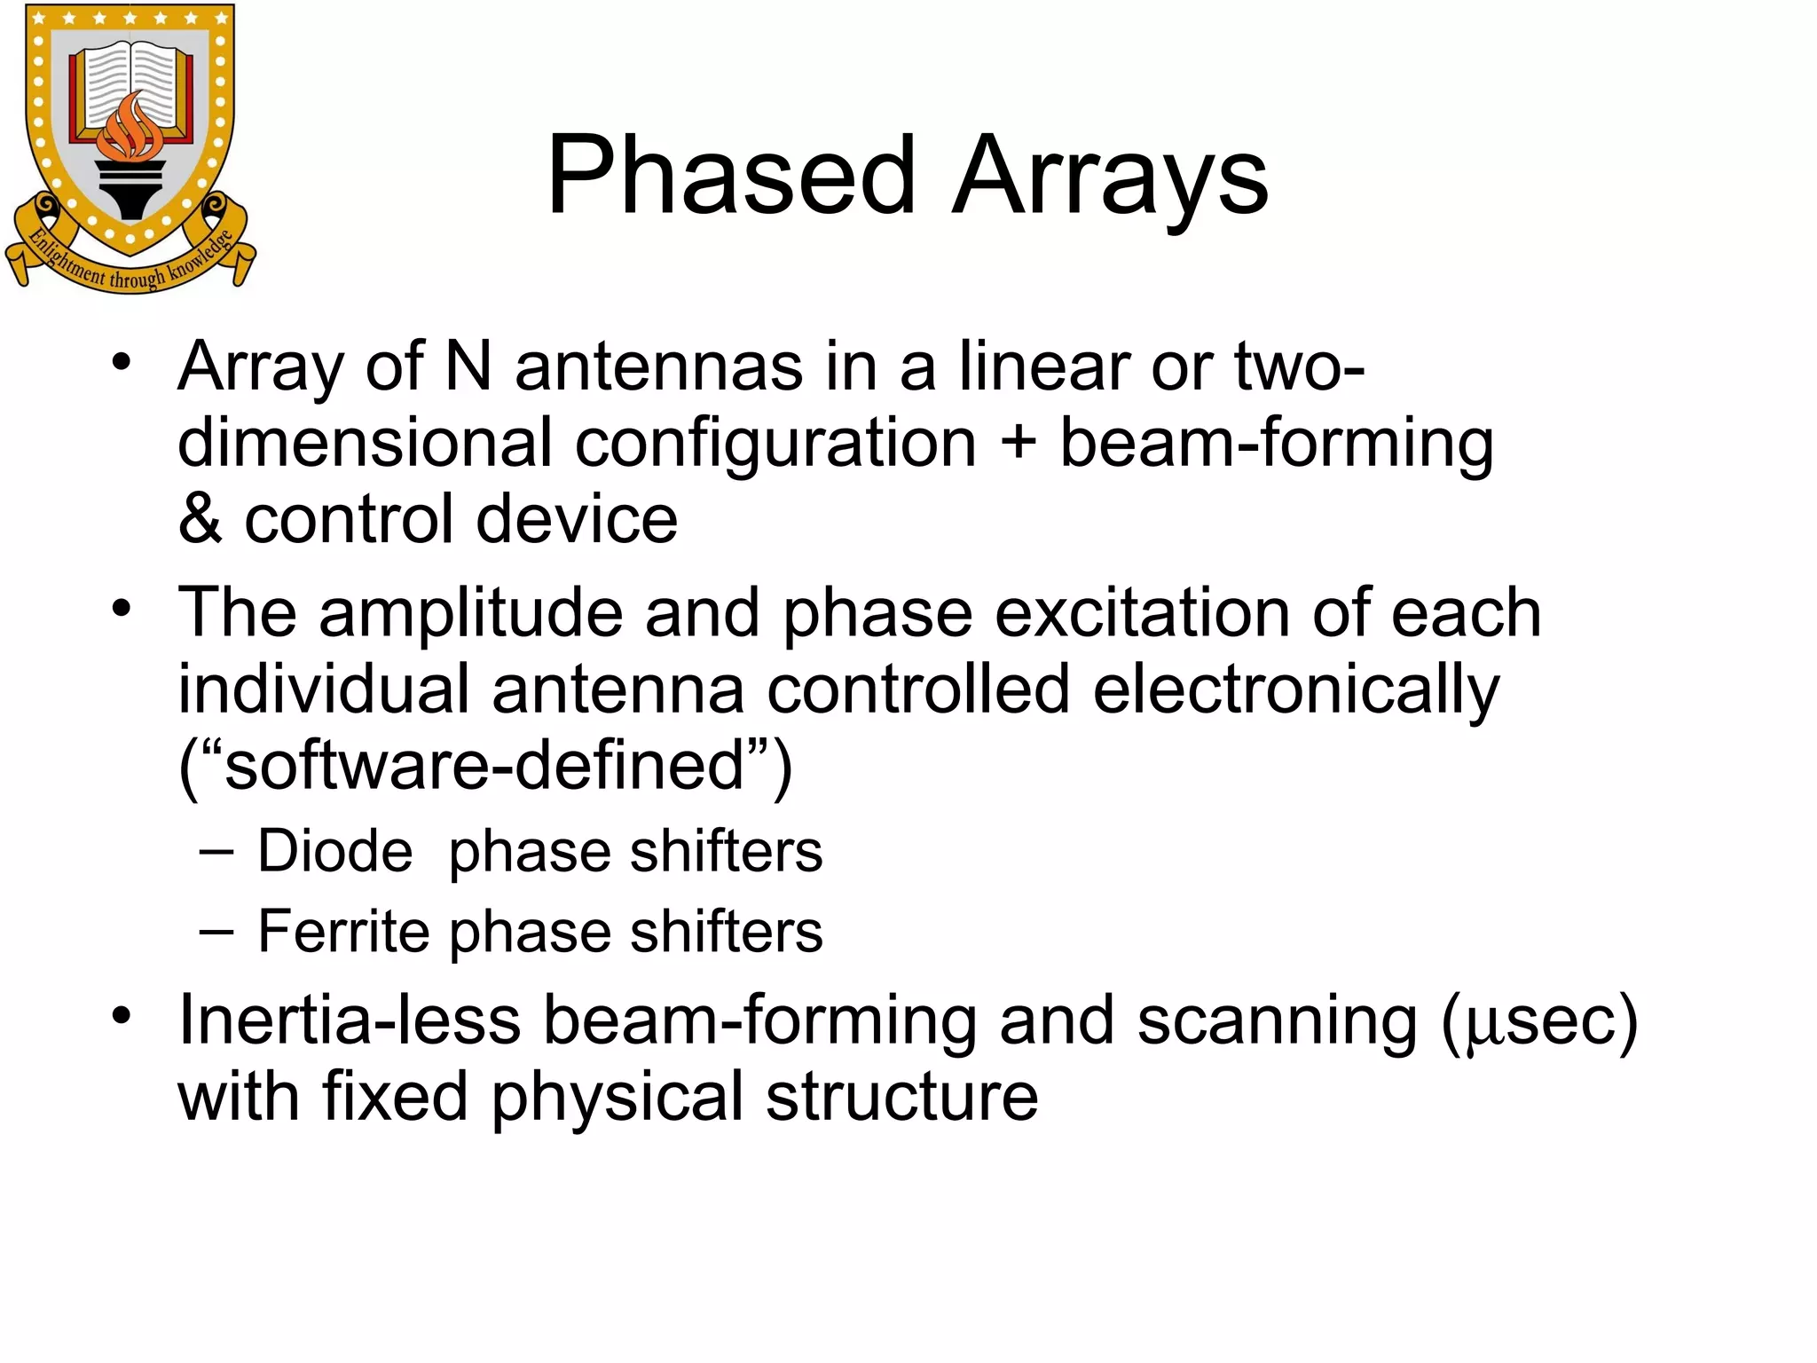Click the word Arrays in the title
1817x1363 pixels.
tap(1110, 177)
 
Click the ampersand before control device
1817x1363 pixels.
tap(200, 519)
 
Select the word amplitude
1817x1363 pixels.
tap(471, 613)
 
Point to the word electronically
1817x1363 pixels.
tap(1296, 690)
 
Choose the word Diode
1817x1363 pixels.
tap(335, 851)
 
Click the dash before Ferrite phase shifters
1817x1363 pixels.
tap(216, 932)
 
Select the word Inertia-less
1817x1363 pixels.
tap(350, 1020)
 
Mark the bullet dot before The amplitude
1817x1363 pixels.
tap(122, 609)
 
